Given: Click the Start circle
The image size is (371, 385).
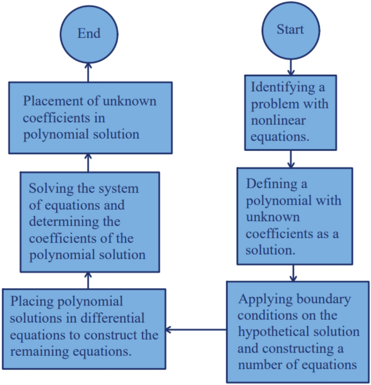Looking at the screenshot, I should tap(290, 30).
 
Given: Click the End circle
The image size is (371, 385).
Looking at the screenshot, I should tap(89, 34).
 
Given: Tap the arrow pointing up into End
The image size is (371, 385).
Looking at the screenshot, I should tap(89, 71).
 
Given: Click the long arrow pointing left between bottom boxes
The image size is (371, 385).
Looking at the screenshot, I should tap(195, 329).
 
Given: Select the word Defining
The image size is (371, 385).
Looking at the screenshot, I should tap(269, 184).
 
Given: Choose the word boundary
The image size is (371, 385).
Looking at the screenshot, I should tap(324, 299).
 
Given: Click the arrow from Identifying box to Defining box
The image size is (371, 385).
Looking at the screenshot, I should tap(291, 158).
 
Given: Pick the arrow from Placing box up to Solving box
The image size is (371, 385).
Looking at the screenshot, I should tap(89, 280).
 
